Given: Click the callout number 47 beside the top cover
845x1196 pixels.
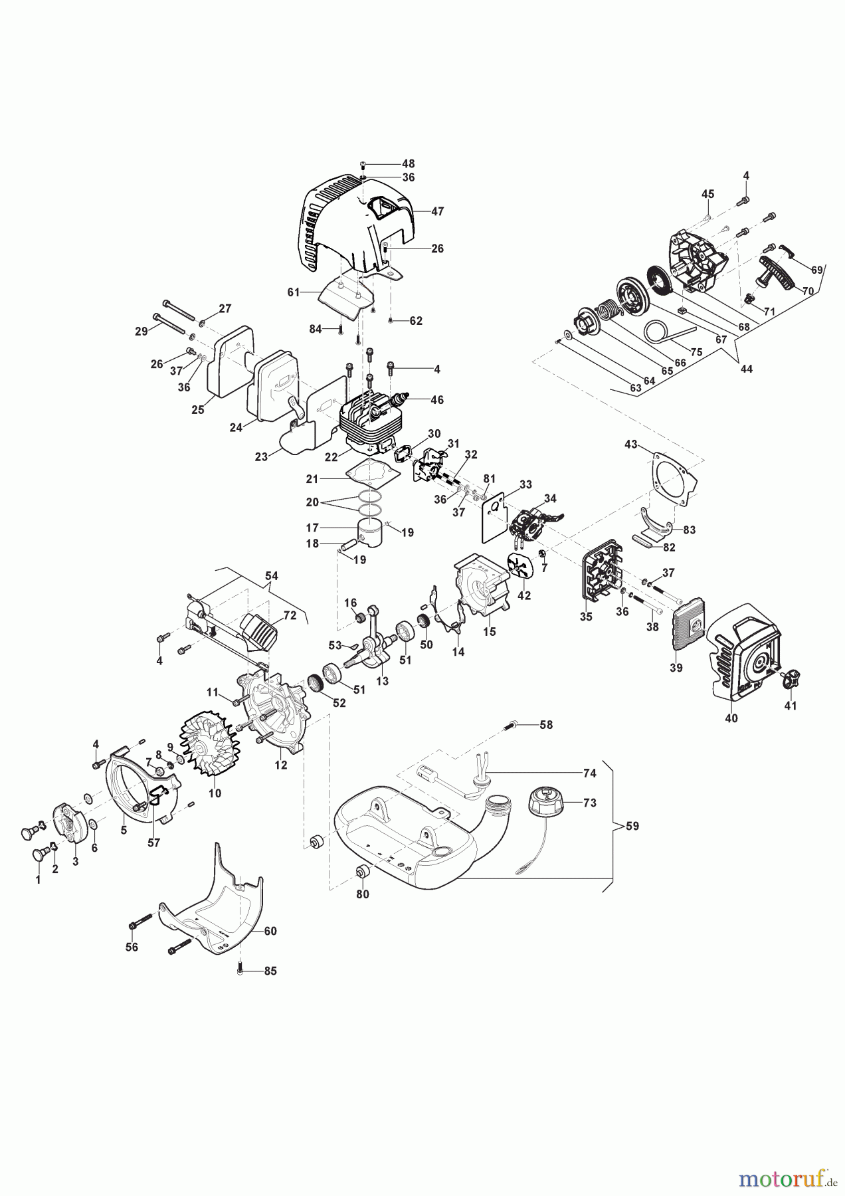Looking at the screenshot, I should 437,211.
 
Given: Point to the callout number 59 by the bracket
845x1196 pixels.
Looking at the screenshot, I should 632,826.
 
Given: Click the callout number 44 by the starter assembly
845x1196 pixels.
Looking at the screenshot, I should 747,368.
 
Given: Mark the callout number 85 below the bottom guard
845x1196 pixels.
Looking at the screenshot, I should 270,971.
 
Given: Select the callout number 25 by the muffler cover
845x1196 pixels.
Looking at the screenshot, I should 198,410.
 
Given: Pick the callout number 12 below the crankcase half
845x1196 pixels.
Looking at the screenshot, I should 281,765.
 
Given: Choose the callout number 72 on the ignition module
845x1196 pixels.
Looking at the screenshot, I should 290,615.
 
